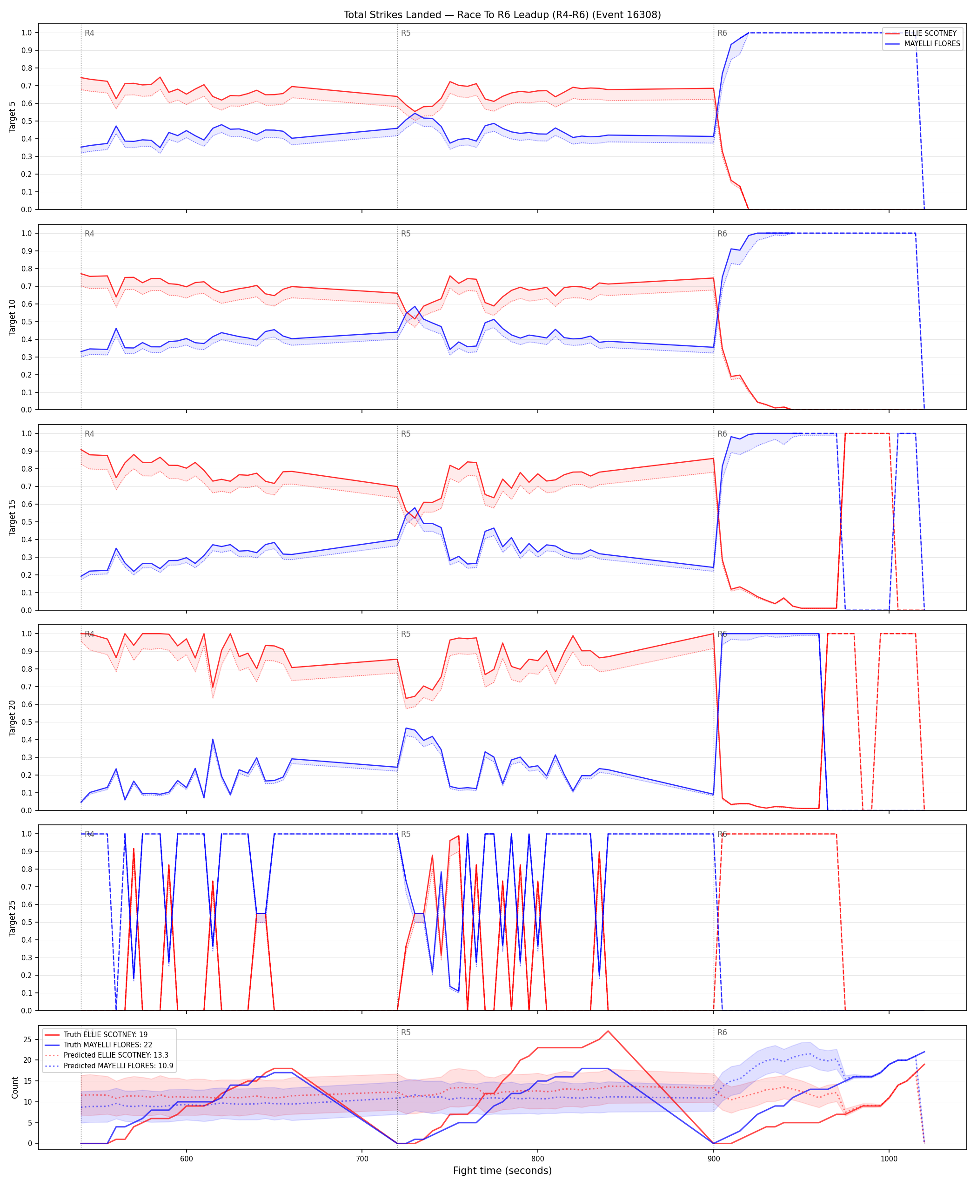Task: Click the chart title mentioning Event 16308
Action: click(502, 14)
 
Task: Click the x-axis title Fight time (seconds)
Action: click(502, 1171)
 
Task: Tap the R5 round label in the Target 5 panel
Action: click(406, 33)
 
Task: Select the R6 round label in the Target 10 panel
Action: click(722, 234)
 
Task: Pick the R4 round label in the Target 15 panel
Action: click(89, 434)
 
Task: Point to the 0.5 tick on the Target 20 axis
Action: click(26, 722)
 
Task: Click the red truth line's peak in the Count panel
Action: click(608, 1031)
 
